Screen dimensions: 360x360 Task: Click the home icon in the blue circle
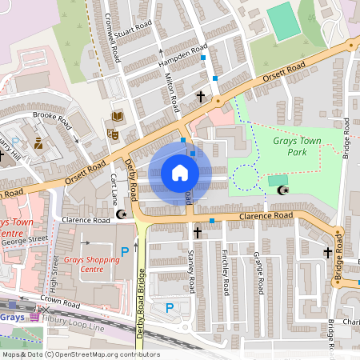coord(180,173)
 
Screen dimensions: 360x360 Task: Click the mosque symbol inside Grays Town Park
coord(282,190)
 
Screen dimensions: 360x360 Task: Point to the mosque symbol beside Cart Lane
coord(122,214)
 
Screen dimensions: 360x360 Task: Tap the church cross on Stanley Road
coord(198,232)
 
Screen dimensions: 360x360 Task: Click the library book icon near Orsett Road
coord(118,118)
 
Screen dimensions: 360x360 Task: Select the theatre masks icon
coord(112,134)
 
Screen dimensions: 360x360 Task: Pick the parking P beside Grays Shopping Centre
coord(124,252)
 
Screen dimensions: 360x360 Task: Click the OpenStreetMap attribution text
coord(81,354)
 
